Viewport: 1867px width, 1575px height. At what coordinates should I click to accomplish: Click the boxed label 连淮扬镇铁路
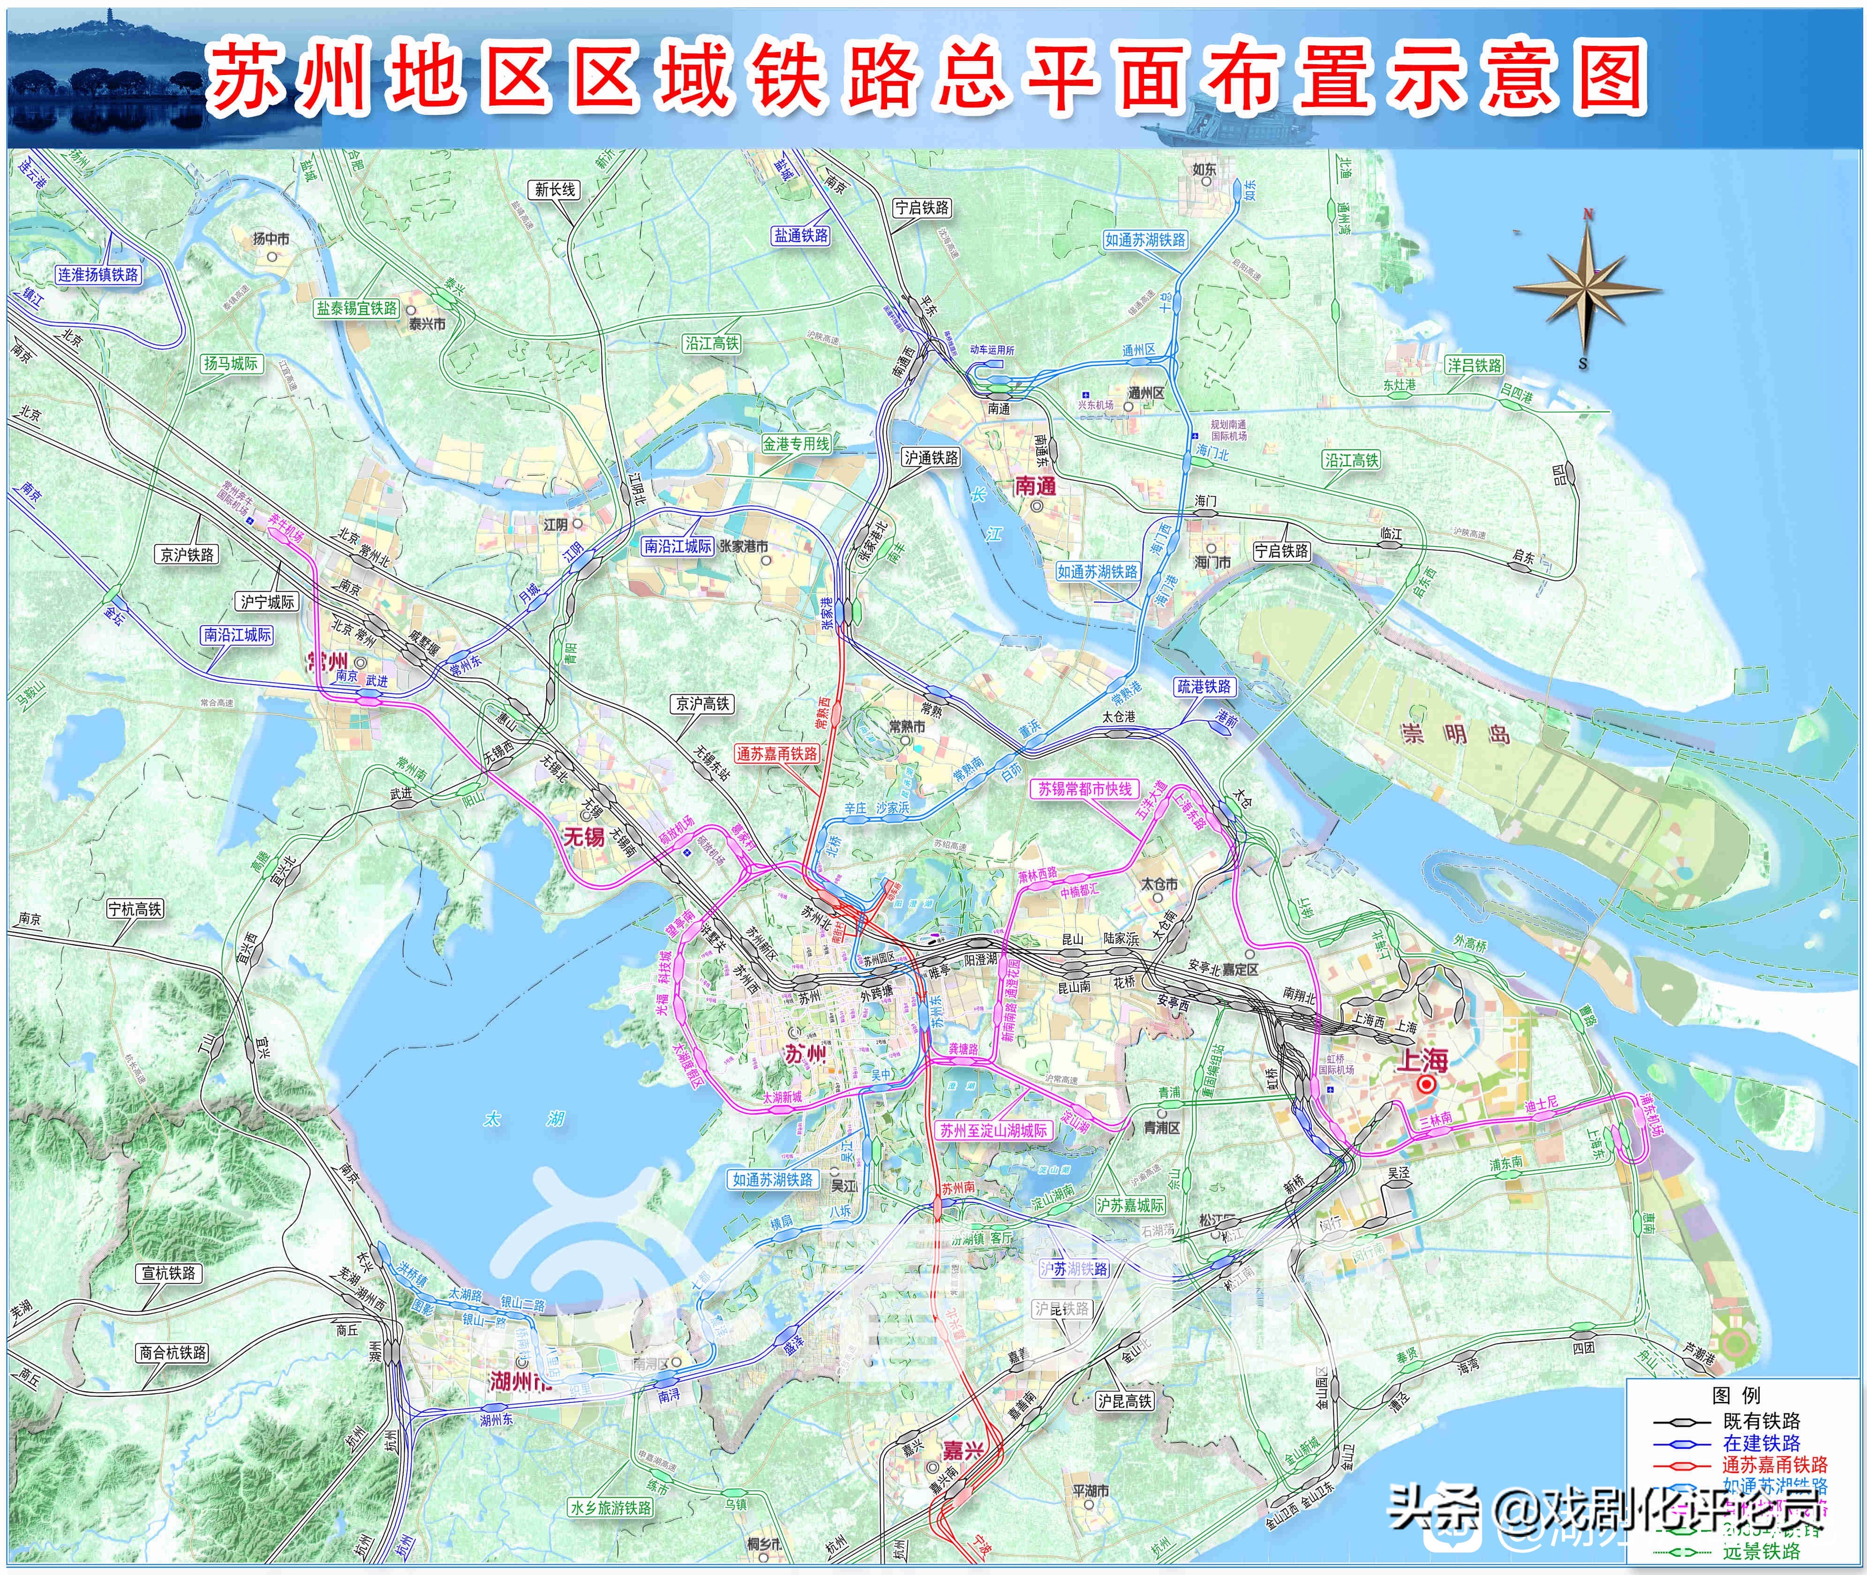click(x=98, y=274)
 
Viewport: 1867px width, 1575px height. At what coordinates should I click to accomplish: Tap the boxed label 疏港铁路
click(x=1204, y=686)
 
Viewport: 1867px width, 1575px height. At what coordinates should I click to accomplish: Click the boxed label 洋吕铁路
click(x=1474, y=365)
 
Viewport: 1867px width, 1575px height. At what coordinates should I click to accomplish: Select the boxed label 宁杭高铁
click(x=135, y=909)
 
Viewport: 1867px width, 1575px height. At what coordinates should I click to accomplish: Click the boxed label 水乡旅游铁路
click(x=611, y=1507)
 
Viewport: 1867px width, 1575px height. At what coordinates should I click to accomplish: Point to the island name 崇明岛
click(x=1455, y=734)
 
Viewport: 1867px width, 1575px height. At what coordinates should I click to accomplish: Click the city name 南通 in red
click(x=1036, y=486)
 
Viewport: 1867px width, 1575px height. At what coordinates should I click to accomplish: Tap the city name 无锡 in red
click(x=583, y=836)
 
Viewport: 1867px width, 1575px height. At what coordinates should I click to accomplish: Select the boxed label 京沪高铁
click(x=703, y=704)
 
